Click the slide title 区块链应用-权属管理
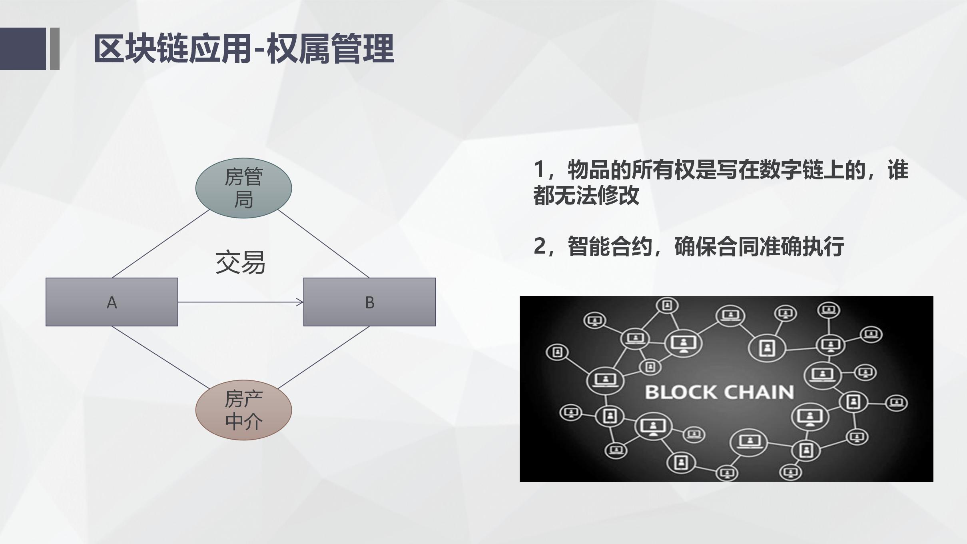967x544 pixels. [244, 49]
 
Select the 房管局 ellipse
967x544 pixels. [243, 188]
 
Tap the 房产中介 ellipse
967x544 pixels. [243, 410]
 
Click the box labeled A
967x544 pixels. [112, 302]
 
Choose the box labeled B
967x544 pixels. [369, 302]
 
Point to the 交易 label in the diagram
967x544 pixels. [240, 262]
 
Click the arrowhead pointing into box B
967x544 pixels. [300, 302]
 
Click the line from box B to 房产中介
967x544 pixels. [323, 357]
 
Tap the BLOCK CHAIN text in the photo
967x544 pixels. [719, 392]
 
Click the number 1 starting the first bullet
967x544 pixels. [539, 169]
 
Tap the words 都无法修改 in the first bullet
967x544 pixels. [586, 195]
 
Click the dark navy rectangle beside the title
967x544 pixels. [23, 49]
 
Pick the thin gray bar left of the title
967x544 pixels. [55, 49]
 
